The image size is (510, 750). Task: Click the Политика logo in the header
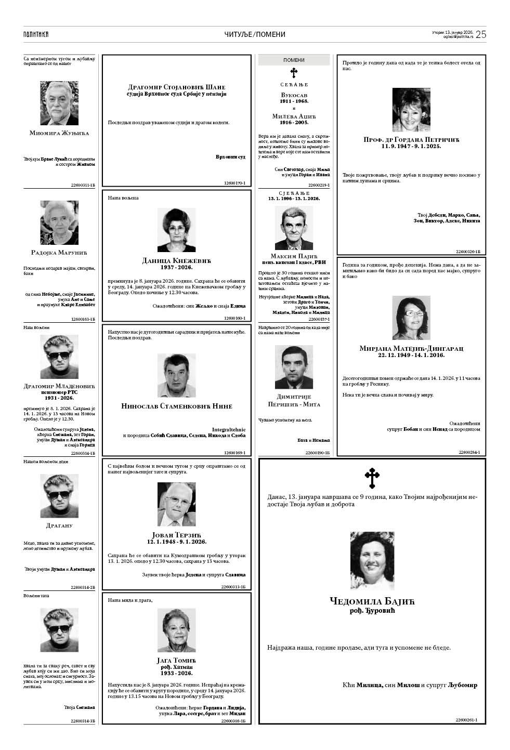tap(36, 34)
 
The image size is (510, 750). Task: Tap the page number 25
tap(480, 34)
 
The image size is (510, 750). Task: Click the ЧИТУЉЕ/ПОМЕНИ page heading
tap(255, 34)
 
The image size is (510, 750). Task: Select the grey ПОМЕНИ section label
tap(294, 60)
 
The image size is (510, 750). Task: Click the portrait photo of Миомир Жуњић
tap(59, 103)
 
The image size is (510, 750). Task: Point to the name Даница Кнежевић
tap(177, 260)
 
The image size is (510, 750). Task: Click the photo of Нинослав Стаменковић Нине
tap(177, 375)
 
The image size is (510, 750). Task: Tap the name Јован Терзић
tap(177, 535)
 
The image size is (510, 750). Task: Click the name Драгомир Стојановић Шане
tap(177, 87)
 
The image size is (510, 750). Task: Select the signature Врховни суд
tap(230, 156)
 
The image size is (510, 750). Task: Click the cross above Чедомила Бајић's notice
tap(372, 478)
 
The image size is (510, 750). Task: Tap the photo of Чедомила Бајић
tap(372, 560)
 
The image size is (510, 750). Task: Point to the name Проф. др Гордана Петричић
tap(411, 139)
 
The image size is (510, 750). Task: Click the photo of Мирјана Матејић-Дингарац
tap(411, 318)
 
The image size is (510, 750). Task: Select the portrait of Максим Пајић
tap(294, 228)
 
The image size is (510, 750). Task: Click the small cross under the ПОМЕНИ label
tap(294, 72)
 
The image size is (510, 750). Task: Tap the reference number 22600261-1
tap(466, 720)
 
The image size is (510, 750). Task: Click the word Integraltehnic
tap(229, 429)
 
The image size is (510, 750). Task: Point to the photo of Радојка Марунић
tap(59, 222)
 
